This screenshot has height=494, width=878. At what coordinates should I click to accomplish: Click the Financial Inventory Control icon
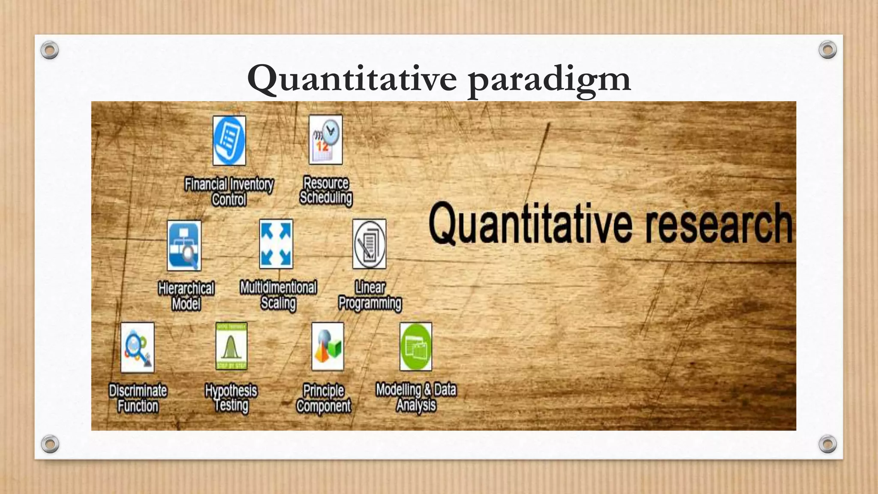tap(229, 141)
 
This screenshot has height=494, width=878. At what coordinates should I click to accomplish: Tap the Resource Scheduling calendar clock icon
tap(326, 139)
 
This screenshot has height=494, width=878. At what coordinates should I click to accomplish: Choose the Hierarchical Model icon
tap(184, 245)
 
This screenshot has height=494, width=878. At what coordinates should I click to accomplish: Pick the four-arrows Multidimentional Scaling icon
tap(277, 244)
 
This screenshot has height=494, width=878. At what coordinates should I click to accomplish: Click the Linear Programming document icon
tap(369, 244)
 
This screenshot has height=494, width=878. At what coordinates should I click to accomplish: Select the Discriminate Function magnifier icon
tap(137, 347)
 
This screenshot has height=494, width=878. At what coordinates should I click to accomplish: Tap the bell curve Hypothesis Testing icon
tap(232, 346)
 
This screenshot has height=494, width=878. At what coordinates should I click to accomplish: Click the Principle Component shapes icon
tap(328, 346)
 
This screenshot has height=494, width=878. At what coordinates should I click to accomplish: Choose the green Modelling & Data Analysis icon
tap(415, 346)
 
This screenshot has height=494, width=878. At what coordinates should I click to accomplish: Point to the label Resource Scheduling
tap(326, 190)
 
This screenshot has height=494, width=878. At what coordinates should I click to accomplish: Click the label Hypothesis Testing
tap(231, 398)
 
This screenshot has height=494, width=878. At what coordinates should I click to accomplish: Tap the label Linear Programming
tap(370, 295)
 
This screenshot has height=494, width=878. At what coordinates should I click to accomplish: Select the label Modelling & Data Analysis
tap(416, 397)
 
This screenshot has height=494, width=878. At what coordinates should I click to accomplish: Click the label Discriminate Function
tap(138, 398)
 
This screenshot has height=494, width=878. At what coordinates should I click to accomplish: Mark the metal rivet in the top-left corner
tap(50, 50)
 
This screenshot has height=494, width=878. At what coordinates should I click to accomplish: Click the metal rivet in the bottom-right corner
tap(827, 444)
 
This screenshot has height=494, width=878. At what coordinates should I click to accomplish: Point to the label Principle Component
tap(324, 398)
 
